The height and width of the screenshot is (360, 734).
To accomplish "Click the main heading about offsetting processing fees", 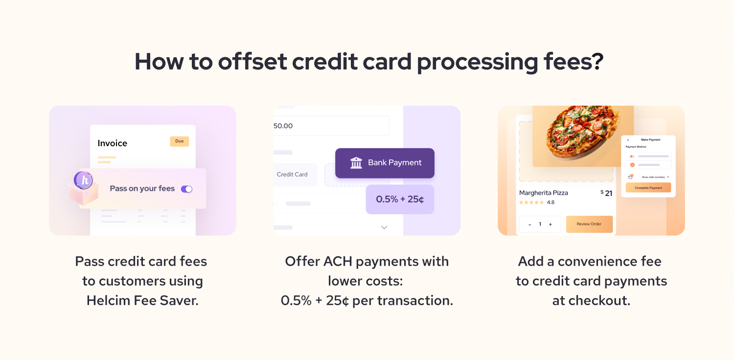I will (368, 62).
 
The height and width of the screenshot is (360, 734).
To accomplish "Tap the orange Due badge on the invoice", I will (179, 141).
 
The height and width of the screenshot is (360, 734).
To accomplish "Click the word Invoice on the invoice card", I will (112, 143).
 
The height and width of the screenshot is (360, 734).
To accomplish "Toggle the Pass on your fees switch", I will (186, 189).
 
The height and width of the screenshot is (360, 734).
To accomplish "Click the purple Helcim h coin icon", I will (84, 180).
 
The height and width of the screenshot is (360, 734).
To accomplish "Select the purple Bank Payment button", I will (385, 163).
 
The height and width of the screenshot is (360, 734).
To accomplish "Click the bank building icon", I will (356, 163).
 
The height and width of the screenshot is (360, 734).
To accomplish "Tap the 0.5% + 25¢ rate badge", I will (400, 199).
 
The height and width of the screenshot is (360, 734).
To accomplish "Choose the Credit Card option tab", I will (292, 175).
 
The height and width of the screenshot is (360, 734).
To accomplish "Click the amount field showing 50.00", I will (331, 126).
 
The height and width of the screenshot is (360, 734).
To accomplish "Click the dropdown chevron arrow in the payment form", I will (384, 227).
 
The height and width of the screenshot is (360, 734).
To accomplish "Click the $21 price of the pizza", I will (606, 193).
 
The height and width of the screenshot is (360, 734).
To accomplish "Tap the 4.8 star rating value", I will (550, 202).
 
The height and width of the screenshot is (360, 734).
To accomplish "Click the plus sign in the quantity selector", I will (550, 225).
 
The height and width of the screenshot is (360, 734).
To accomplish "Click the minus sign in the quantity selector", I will (529, 225).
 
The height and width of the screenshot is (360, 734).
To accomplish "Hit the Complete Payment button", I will (648, 188).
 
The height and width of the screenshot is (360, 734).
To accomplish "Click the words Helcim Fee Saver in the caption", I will (142, 300).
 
